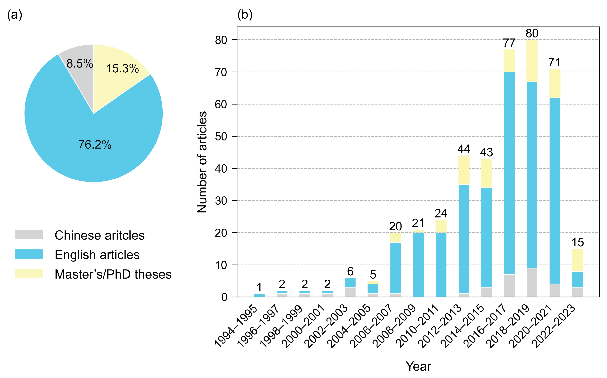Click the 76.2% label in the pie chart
point(95,145)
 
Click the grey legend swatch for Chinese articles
point(29,235)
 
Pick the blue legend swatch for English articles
point(29,254)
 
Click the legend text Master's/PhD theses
point(113,274)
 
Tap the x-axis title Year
point(418,366)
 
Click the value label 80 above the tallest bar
point(532,33)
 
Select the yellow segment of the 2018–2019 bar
point(532,61)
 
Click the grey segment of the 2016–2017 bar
point(509,285)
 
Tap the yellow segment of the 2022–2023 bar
point(577,260)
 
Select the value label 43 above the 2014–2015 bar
point(486,152)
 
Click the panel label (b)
point(245,15)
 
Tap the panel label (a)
point(15,15)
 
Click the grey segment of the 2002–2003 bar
point(350,292)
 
